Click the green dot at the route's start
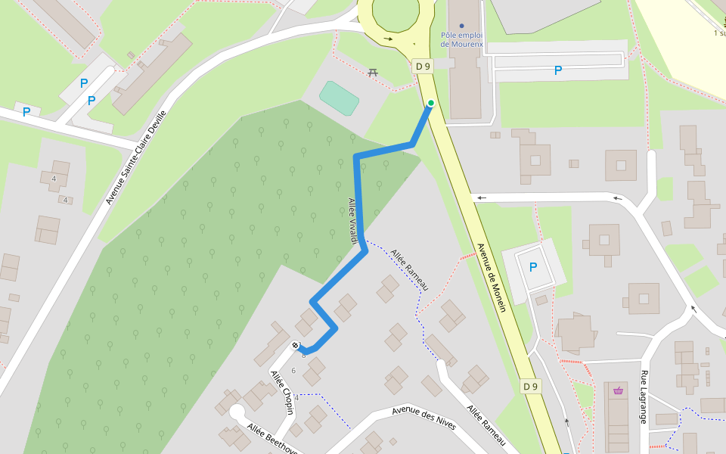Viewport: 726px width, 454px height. point(431,103)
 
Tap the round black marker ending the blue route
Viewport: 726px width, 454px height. point(296,346)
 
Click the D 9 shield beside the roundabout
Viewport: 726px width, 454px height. point(423,67)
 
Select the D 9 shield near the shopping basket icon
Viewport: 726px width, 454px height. point(531,387)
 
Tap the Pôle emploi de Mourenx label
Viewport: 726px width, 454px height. point(462,39)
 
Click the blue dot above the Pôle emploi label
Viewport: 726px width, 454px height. point(462,26)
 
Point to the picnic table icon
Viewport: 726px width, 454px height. point(372,73)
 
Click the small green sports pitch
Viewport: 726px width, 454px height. point(339,98)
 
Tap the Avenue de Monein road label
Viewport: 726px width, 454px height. point(491,272)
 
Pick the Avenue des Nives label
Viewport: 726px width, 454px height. point(423,418)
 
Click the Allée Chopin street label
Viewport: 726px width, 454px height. point(282,392)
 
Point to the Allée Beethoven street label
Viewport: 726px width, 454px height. point(272,440)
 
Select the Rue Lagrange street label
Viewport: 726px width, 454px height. point(644,396)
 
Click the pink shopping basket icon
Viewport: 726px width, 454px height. point(619,390)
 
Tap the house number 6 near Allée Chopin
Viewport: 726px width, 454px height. point(293,369)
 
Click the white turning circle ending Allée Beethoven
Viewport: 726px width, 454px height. point(237,412)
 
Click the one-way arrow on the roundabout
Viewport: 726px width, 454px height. point(389,39)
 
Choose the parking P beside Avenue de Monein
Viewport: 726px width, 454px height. point(533,267)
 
